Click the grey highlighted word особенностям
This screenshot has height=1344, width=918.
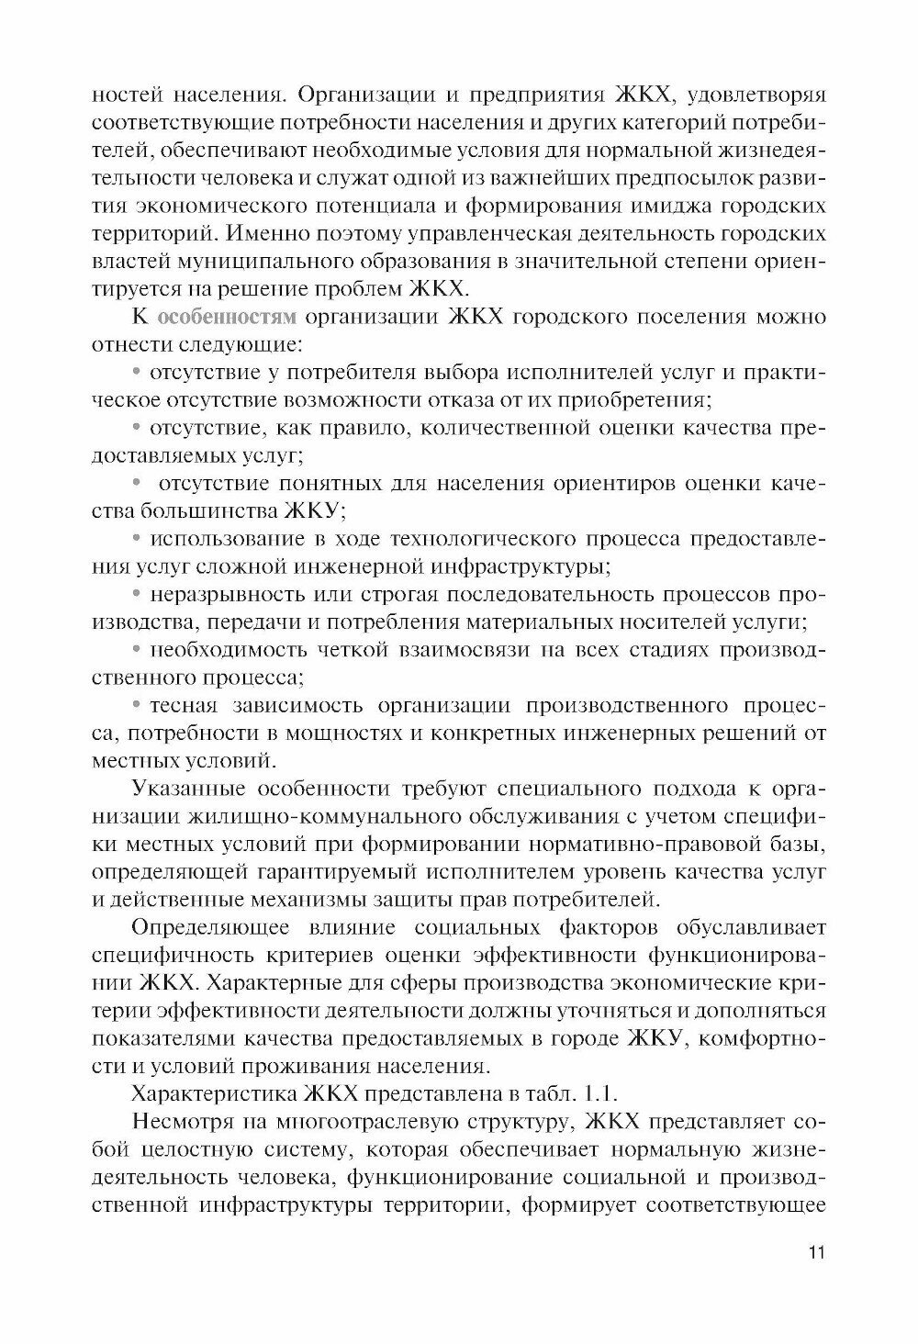(227, 319)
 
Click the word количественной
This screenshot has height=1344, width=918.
(497, 428)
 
